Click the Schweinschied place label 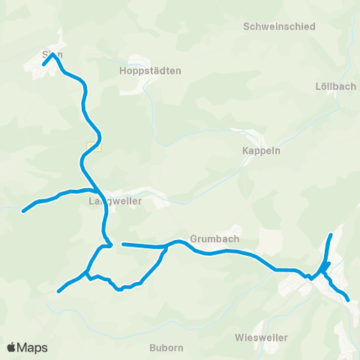pyautogui.click(x=279, y=26)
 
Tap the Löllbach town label pyautogui.click(x=336, y=86)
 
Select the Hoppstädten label pyautogui.click(x=150, y=70)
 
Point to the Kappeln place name pyautogui.click(x=261, y=150)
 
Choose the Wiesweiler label pyautogui.click(x=261, y=337)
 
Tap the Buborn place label pyautogui.click(x=166, y=348)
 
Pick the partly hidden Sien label pyautogui.click(x=52, y=55)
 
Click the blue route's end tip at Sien pyautogui.click(x=44, y=63)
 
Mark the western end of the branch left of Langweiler pyautogui.click(x=23, y=211)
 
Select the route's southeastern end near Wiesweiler pyautogui.click(x=349, y=300)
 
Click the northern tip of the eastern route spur pyautogui.click(x=331, y=235)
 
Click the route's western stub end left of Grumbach pyautogui.click(x=123, y=244)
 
